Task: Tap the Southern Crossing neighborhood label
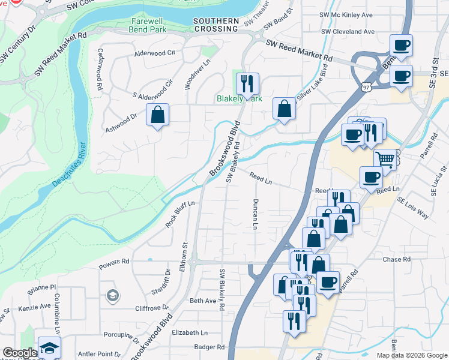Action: click(216, 25)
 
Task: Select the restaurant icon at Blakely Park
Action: click(247, 83)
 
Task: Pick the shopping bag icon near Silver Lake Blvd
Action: click(285, 109)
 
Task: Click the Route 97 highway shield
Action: click(365, 87)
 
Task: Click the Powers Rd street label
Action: click(114, 262)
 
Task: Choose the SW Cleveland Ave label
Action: click(348, 31)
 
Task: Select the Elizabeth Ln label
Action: click(189, 332)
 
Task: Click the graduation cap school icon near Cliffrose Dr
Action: click(112, 295)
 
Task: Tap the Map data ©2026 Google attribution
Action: click(411, 355)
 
